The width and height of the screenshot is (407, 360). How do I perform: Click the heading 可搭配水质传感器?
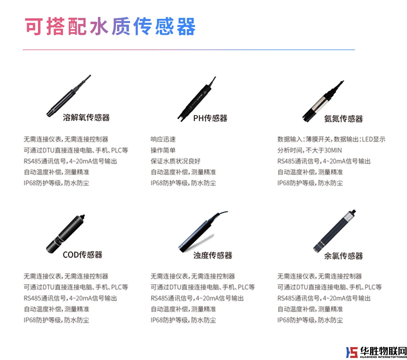[110, 26]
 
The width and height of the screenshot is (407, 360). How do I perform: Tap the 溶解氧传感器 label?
[86, 118]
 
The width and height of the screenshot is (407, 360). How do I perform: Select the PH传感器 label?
[210, 118]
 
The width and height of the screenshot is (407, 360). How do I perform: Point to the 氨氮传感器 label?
[343, 119]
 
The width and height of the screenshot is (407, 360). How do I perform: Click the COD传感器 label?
[82, 255]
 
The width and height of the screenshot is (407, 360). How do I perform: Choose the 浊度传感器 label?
[213, 255]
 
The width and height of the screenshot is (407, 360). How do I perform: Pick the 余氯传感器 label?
[343, 256]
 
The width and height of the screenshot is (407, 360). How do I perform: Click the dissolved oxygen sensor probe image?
[69, 96]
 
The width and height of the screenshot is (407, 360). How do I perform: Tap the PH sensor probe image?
[196, 99]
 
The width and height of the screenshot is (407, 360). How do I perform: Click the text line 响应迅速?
[163, 139]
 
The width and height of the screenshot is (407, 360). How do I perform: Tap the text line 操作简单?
[163, 150]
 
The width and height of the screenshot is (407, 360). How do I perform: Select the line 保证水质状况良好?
[176, 161]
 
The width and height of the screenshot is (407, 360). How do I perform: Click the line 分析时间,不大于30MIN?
[310, 150]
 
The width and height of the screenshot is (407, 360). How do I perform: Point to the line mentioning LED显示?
[331, 139]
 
